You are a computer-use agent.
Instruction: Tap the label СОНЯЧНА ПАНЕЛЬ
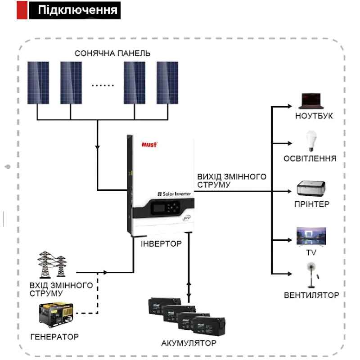[x=112, y=54]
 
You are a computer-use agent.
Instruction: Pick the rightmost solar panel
[x=167, y=82]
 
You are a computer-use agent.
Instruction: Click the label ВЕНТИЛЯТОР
[x=311, y=296]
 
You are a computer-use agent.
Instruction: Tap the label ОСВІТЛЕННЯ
[x=310, y=158]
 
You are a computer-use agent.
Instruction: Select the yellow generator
[x=55, y=314]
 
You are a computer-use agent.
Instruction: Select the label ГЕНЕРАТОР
[x=54, y=336]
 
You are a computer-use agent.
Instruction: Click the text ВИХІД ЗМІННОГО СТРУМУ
[x=231, y=180]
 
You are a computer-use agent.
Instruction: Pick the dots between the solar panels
[x=103, y=84]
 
